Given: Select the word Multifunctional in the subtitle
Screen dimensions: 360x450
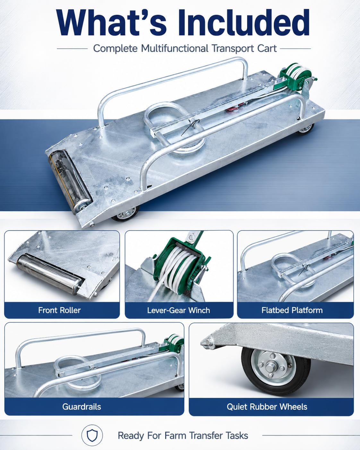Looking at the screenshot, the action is coord(175,48).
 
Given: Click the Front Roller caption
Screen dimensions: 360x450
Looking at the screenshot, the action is coord(59,310).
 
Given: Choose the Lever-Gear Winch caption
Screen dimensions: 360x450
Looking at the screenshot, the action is coord(178,310).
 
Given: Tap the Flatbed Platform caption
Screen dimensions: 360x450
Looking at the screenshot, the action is coord(292,310).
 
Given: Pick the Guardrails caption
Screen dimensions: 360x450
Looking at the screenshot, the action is coord(81,407).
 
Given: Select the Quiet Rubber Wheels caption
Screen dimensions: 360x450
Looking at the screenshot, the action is coord(267,407).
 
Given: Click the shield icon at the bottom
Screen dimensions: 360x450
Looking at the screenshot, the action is coord(92,436).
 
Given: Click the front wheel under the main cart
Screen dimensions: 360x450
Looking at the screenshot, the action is coord(125,214).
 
